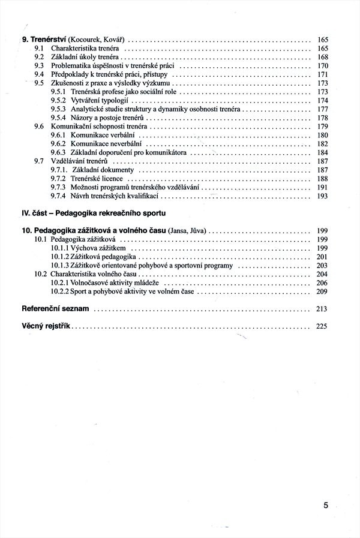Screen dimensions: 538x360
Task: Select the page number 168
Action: (x=322, y=56)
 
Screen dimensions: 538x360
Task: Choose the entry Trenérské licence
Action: (x=97, y=179)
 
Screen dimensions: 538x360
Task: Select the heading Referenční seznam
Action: (x=55, y=309)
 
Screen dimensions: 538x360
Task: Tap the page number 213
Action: (x=322, y=309)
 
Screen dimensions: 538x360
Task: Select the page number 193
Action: (x=322, y=196)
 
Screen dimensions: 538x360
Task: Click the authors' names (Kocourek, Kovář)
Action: (x=99, y=38)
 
